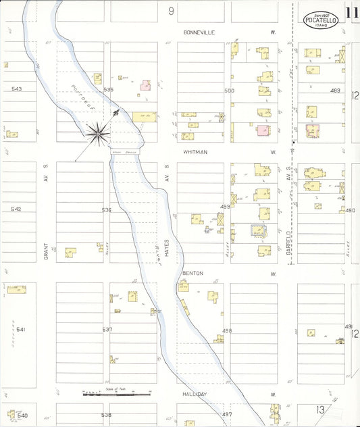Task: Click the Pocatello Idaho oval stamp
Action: [321, 20]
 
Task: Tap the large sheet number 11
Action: [351, 12]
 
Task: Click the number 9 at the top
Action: [172, 11]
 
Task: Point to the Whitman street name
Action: [195, 153]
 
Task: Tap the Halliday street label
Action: [194, 395]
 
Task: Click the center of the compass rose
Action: [99, 134]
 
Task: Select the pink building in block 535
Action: [145, 85]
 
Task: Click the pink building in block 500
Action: [263, 130]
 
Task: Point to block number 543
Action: [16, 89]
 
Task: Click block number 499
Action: [225, 207]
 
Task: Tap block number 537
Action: [107, 329]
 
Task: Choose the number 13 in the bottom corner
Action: [319, 409]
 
